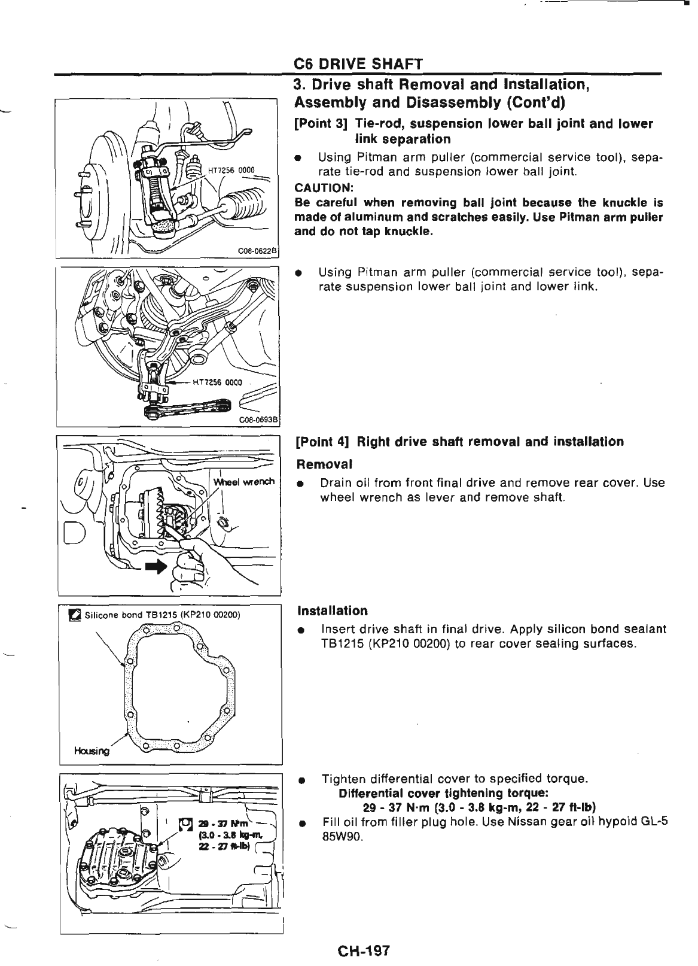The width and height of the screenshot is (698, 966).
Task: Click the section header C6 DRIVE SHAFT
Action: tap(358, 64)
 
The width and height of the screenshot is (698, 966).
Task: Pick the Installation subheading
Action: tap(333, 610)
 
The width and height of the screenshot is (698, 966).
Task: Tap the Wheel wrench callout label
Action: tap(243, 481)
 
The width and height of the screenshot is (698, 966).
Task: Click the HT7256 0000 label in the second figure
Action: tap(217, 383)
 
